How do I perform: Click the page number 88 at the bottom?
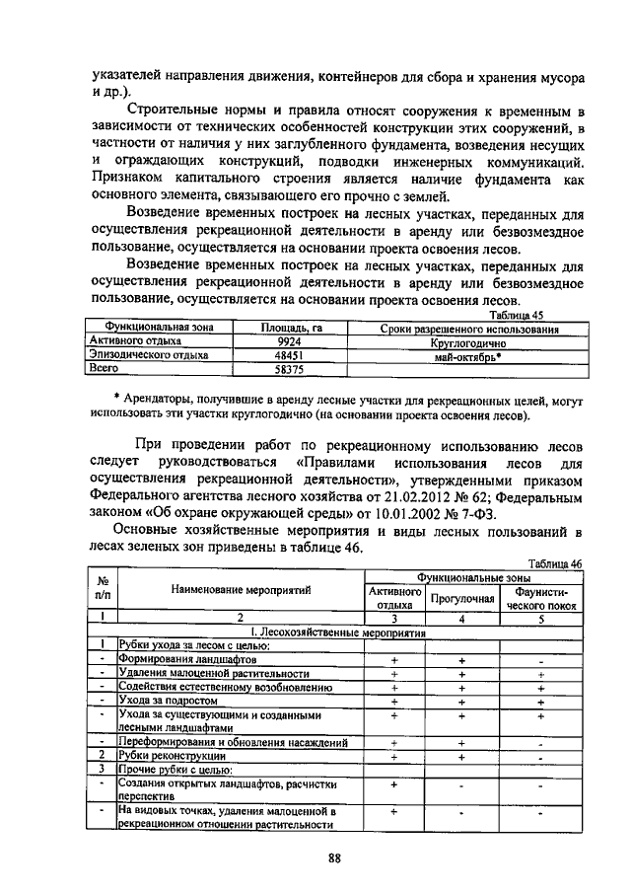pos(334,857)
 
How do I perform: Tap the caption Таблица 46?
pos(555,561)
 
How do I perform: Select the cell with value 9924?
pos(288,341)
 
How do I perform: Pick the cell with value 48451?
pos(288,355)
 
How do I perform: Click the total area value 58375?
pos(288,369)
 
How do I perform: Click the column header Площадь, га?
pos(288,328)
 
